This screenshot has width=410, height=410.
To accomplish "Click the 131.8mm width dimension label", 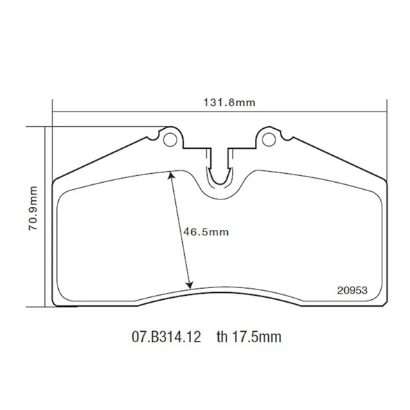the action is (x=229, y=102).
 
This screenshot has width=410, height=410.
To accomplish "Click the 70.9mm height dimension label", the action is (x=33, y=208).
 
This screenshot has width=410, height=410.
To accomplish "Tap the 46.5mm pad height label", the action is (x=206, y=232).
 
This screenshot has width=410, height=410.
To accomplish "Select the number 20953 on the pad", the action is (x=352, y=290).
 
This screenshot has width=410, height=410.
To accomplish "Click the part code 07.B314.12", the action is (x=166, y=337).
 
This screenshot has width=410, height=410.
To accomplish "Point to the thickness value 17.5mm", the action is (x=257, y=337).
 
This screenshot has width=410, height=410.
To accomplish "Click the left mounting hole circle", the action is (x=170, y=140).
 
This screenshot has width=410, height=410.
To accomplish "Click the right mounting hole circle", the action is (x=269, y=140).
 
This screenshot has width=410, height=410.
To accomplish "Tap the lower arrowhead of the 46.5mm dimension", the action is (x=190, y=286).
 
